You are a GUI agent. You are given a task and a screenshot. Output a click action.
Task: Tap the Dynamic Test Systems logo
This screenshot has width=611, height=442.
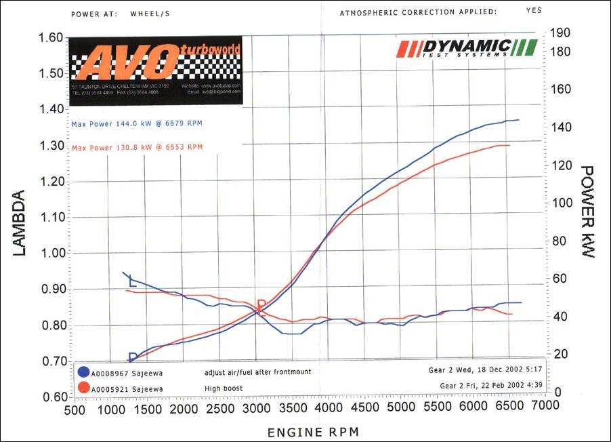tap(467, 48)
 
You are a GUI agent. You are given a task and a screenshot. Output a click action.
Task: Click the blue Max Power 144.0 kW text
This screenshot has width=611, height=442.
tap(137, 123)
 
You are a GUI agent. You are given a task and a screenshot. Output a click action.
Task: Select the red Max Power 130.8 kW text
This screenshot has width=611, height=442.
tap(137, 147)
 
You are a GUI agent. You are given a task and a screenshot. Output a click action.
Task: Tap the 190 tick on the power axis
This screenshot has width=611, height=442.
tap(562, 33)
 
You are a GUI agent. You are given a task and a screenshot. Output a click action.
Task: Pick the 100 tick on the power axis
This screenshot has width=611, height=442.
tap(562, 203)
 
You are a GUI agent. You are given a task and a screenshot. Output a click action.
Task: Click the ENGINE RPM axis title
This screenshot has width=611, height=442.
tap(312, 432)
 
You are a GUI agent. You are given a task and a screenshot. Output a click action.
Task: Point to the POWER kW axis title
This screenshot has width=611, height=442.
tap(587, 211)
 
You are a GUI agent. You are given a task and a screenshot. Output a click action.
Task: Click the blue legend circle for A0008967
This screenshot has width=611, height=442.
tap(85, 372)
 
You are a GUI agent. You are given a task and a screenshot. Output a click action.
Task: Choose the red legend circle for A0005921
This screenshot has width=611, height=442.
tap(85, 388)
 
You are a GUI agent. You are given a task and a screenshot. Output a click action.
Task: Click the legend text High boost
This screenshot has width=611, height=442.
tap(223, 388)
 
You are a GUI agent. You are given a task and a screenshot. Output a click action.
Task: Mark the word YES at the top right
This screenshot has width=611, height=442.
tap(533, 11)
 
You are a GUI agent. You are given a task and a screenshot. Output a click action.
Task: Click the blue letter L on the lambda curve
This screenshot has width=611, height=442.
tap(132, 283)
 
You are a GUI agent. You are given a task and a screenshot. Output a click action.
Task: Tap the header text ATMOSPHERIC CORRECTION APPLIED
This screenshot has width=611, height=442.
tap(418, 12)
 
